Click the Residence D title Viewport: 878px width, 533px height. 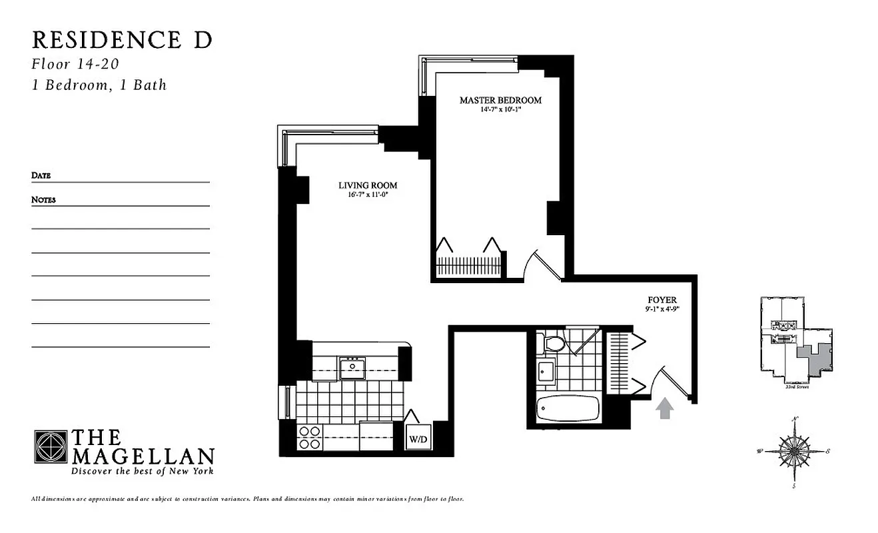pos(122,40)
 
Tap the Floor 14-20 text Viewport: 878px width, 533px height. pos(75,65)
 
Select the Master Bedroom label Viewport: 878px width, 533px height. pos(500,101)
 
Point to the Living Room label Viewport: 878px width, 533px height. pos(368,186)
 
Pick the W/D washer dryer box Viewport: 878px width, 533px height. pos(418,439)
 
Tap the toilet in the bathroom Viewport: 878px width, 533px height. pos(554,344)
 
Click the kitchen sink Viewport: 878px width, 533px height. pos(350,367)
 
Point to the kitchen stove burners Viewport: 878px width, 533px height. pos(308,438)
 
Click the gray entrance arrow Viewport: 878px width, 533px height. pos(664,408)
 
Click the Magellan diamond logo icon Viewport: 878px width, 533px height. pos(51,447)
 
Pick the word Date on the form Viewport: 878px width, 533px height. pos(41,176)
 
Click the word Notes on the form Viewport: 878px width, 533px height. pos(43,200)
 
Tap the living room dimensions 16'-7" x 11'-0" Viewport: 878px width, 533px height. pos(368,195)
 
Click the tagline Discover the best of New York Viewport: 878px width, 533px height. pos(143,472)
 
